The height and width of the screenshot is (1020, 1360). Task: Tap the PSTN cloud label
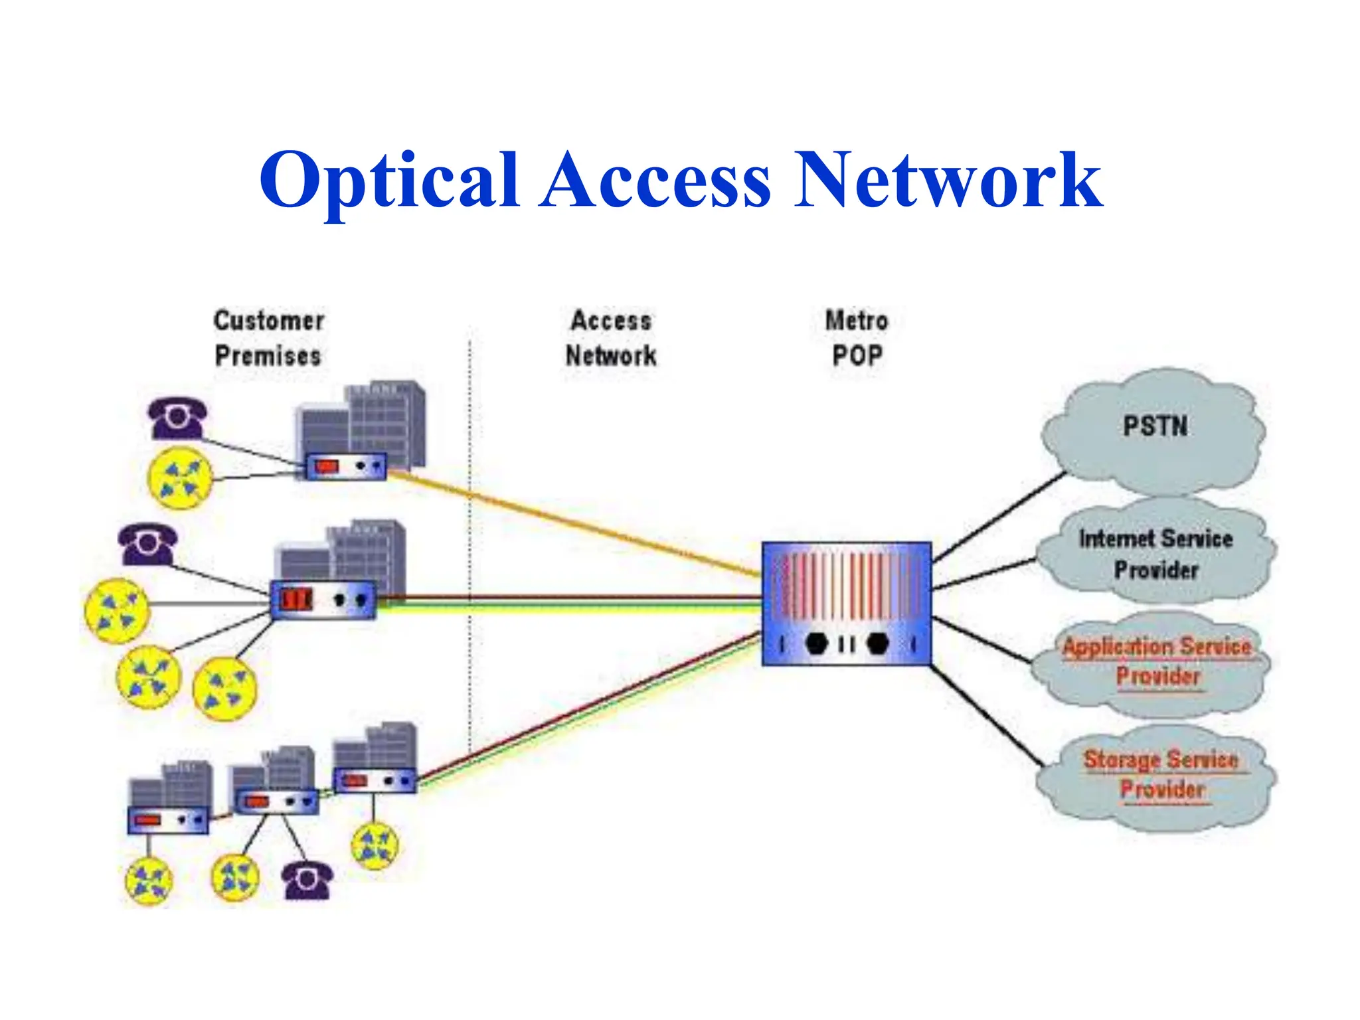click(1155, 426)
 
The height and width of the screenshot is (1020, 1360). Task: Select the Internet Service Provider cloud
click(1155, 554)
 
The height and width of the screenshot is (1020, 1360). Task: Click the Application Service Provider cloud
click(1156, 661)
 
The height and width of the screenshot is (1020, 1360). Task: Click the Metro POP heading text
click(857, 338)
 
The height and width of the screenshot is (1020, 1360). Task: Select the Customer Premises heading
click(268, 338)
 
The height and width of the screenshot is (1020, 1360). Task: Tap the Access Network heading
click(611, 338)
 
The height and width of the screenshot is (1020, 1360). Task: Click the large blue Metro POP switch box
click(846, 603)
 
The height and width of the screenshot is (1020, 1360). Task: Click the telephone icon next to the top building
click(177, 418)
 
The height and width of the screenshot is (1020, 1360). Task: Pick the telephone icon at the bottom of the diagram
click(307, 880)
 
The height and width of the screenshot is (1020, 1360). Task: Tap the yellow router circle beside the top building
click(180, 479)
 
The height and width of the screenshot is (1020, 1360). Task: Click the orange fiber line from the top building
click(571, 522)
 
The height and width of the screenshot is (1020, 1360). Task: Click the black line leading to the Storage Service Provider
click(986, 714)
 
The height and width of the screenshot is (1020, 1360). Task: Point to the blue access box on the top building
click(345, 466)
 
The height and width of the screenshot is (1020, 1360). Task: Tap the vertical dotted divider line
click(469, 531)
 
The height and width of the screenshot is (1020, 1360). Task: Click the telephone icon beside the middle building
click(148, 545)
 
